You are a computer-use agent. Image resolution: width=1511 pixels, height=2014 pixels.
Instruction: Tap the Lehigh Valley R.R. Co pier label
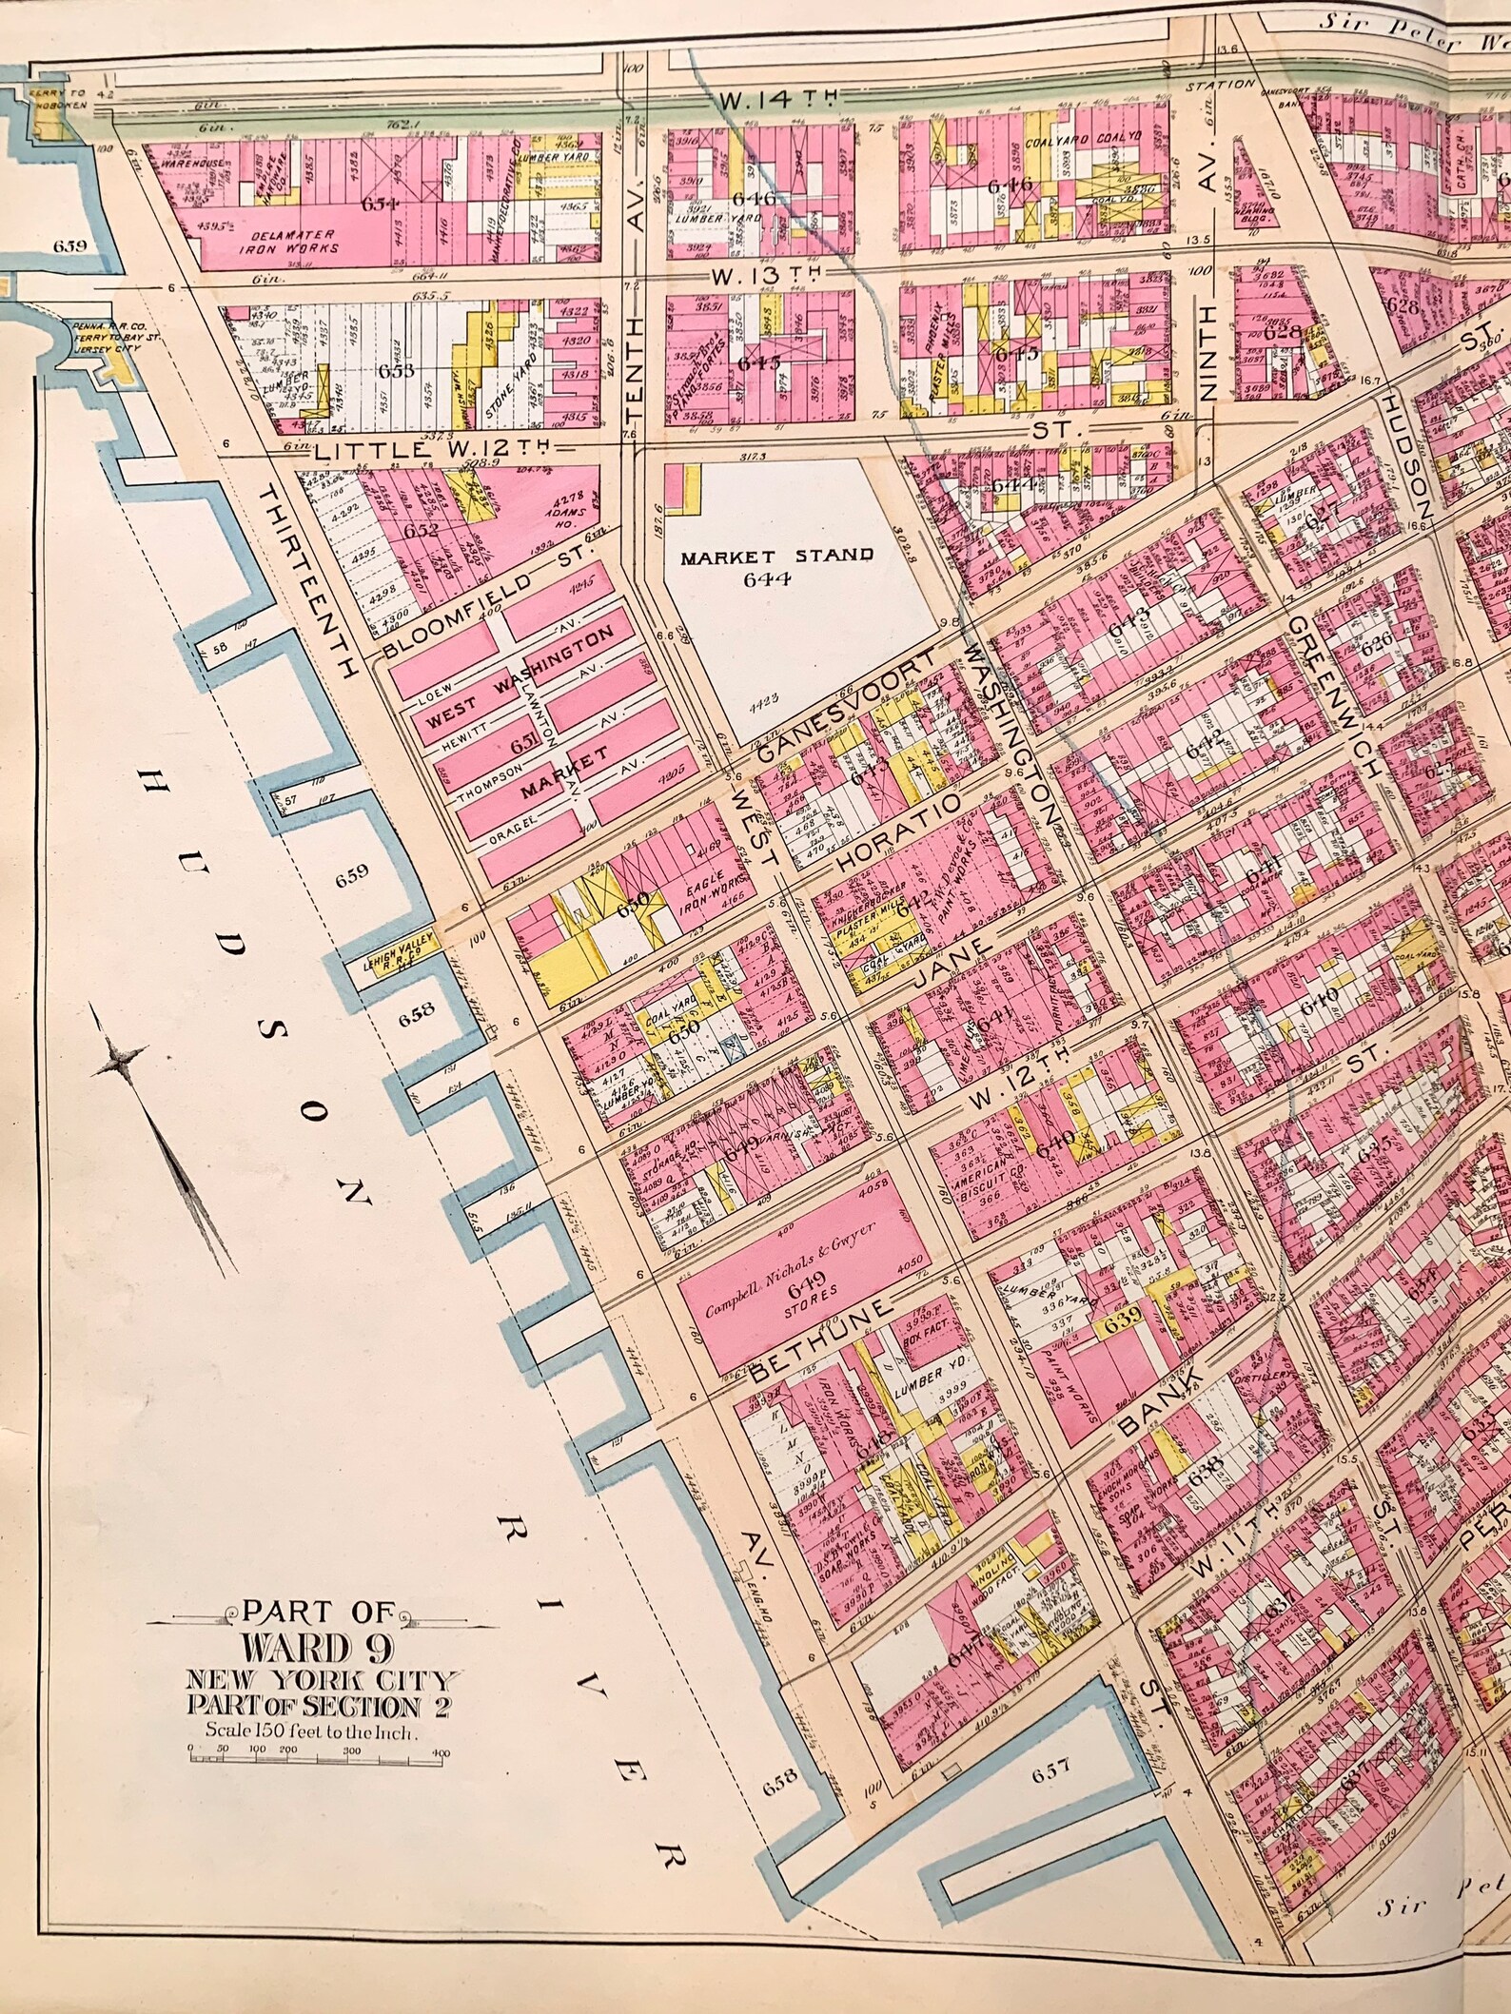[x=397, y=947]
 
